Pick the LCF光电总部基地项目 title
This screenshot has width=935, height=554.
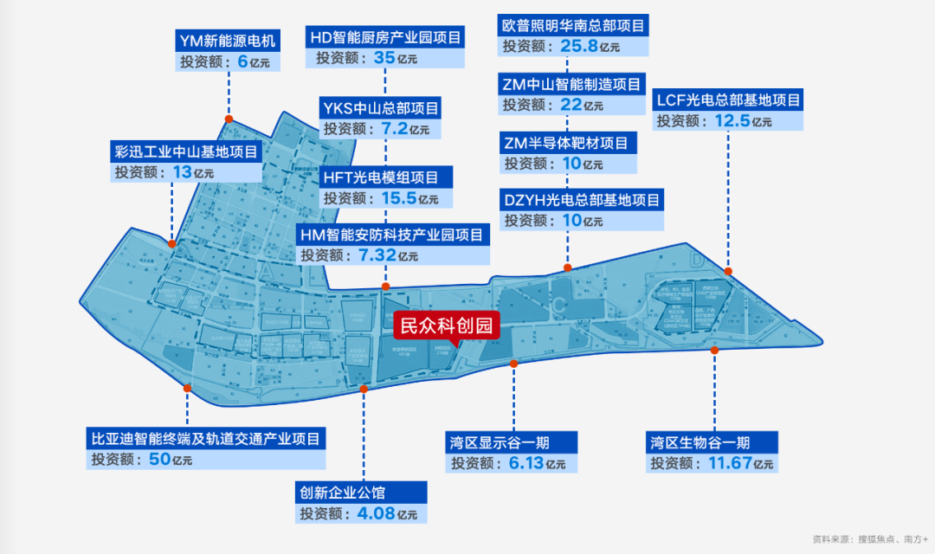(x=729, y=100)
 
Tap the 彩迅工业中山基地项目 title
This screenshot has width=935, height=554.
(x=186, y=151)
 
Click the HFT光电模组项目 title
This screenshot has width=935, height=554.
(x=381, y=177)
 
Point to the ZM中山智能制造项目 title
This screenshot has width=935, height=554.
(x=573, y=84)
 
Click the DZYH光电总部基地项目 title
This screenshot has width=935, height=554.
(x=582, y=200)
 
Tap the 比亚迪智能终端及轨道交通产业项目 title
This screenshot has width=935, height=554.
(x=206, y=439)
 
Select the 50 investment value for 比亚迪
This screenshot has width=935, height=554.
(x=161, y=459)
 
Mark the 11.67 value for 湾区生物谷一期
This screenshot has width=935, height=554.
(x=729, y=463)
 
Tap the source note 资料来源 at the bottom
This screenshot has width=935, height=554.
(x=868, y=538)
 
